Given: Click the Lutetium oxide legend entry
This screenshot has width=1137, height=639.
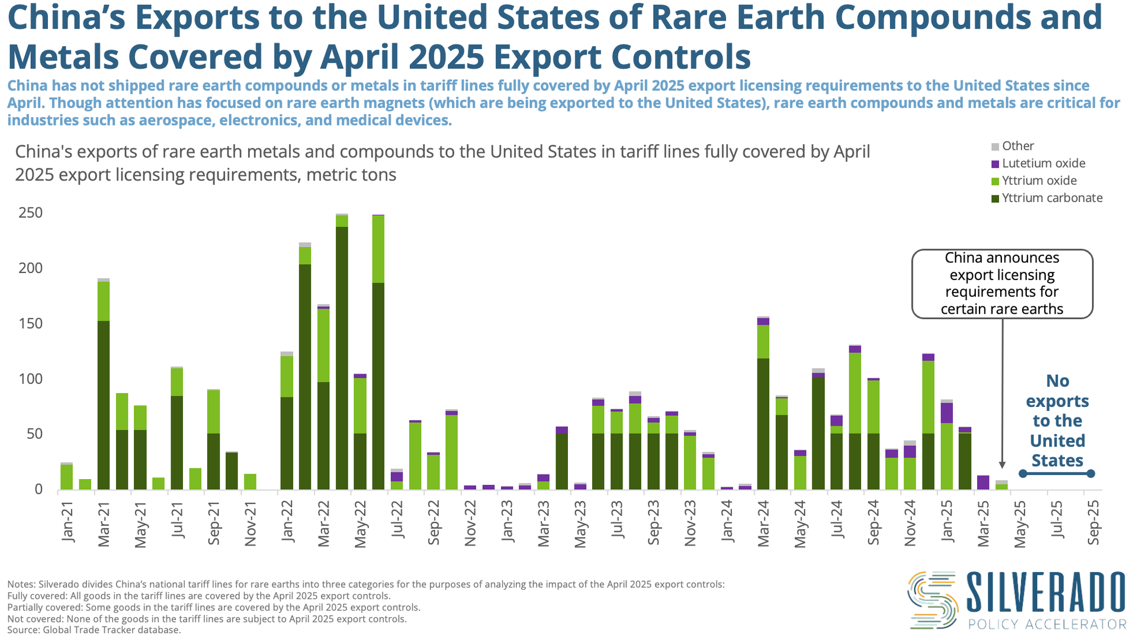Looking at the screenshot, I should point(1043,163).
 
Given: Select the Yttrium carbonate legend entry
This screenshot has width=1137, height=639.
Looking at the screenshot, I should point(1051,198).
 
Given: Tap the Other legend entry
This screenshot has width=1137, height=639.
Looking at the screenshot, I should point(1017,146).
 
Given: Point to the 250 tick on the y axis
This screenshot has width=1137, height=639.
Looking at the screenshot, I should point(31,213).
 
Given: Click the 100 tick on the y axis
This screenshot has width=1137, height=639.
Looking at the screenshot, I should point(31,379).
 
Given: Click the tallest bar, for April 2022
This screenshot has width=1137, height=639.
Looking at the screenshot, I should point(342,355).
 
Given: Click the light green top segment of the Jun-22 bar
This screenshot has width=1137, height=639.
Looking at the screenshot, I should point(378,249).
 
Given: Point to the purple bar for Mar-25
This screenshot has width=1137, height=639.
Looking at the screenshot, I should point(983,482).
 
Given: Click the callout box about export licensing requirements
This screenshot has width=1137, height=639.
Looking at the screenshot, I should point(1002,284).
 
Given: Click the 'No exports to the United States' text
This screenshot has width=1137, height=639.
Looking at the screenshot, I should point(1057,420).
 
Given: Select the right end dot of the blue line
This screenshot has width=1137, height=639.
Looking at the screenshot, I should point(1091,473).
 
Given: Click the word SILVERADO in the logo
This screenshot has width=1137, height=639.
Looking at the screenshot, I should point(1045,592).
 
